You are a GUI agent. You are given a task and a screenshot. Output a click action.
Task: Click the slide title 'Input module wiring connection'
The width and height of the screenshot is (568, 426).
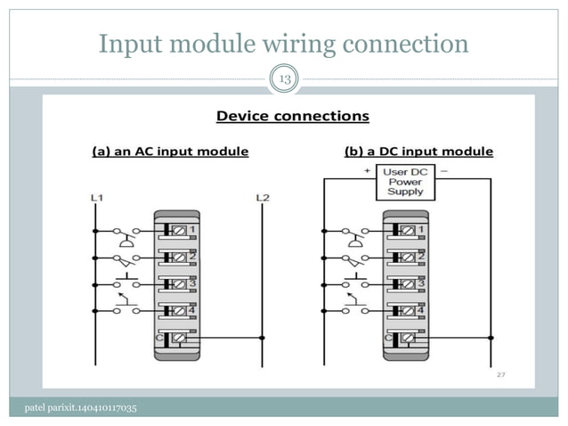pyautogui.click(x=283, y=43)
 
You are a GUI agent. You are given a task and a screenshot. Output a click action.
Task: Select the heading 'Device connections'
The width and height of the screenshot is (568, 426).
pyautogui.click(x=293, y=116)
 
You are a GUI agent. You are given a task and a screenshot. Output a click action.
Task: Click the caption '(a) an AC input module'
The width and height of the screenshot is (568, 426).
pyautogui.click(x=171, y=152)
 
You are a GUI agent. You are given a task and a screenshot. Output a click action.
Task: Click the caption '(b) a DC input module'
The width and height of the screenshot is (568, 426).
pyautogui.click(x=418, y=152)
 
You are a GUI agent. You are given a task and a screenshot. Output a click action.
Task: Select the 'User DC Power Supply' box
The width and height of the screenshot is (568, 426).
pyautogui.click(x=405, y=181)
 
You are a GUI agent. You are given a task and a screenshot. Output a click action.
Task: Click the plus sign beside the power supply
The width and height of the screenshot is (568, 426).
pyautogui.click(x=366, y=168)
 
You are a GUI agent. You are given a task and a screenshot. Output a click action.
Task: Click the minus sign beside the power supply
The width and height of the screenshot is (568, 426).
pyautogui.click(x=444, y=168)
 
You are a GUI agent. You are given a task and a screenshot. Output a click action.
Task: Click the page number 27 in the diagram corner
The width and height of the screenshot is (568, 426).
pyautogui.click(x=501, y=376)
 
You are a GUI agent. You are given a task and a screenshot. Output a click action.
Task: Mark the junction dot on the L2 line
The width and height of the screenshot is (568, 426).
pyautogui.click(x=262, y=338)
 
